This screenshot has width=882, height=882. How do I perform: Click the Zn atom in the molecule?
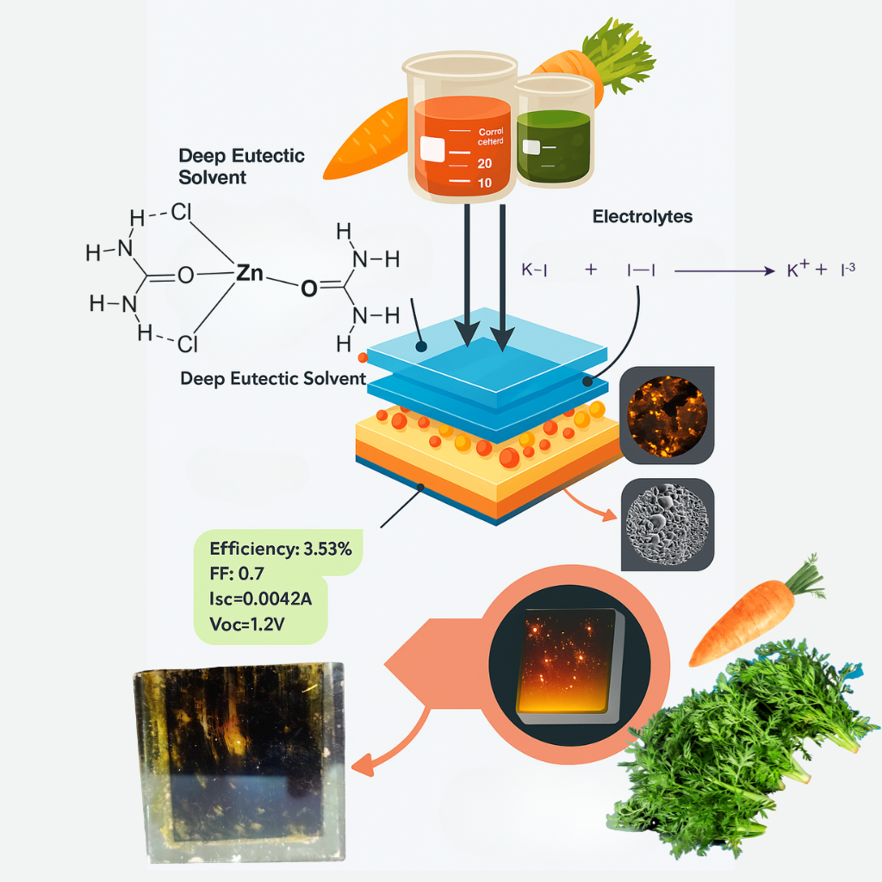pos(249,273)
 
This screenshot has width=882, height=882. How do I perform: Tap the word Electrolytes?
pos(642,217)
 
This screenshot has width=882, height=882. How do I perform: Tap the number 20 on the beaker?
pos(483,164)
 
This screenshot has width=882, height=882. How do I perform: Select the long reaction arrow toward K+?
pos(724,271)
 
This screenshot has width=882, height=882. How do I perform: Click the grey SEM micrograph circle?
pos(668,525)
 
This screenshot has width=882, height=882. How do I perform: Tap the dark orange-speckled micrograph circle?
pos(668,413)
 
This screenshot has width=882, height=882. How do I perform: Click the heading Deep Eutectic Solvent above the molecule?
pos(241,166)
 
